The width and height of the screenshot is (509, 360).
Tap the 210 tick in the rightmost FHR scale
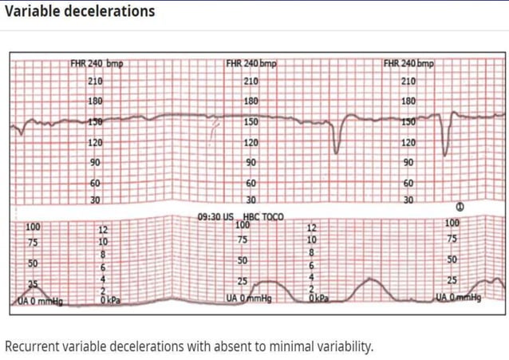[408, 81]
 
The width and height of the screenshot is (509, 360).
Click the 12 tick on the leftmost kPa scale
[104, 230]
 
